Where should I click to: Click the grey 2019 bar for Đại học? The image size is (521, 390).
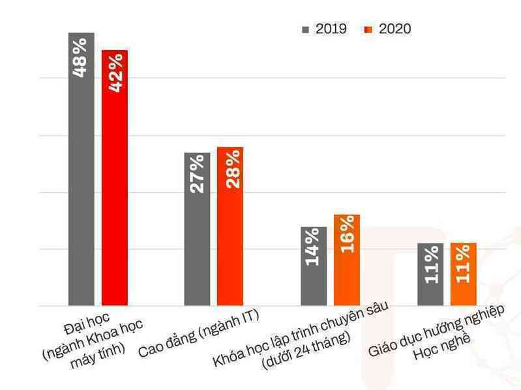[x=82, y=169]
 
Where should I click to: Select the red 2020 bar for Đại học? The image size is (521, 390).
[x=115, y=178]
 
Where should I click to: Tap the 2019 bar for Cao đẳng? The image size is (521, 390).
[x=198, y=229]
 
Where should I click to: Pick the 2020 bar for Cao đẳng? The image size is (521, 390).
[x=230, y=226]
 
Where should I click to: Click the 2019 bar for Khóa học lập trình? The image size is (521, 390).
[x=314, y=266]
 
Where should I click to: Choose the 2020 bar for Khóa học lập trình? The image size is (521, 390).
[x=347, y=260]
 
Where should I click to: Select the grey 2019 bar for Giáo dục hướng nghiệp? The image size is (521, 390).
[x=430, y=274]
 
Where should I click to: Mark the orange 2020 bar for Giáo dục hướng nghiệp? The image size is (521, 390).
[x=464, y=274]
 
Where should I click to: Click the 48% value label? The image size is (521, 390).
[x=80, y=58]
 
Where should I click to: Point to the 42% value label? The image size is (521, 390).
[x=115, y=72]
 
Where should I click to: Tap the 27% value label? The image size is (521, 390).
[x=197, y=174]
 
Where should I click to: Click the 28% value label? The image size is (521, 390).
[x=233, y=169]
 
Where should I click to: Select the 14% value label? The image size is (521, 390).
[x=312, y=247]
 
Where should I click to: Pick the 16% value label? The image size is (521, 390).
[x=348, y=234]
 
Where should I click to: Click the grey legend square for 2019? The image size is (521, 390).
[x=305, y=30]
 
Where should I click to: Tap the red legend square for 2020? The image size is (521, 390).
[x=368, y=30]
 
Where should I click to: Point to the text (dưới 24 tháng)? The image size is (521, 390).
[x=306, y=352]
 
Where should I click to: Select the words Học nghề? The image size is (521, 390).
[x=442, y=347]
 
